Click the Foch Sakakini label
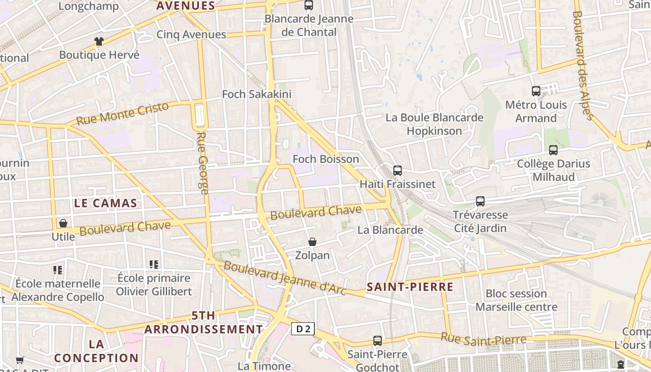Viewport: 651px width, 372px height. click(257, 94)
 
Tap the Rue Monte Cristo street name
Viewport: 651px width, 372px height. click(122, 113)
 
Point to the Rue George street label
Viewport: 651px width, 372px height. click(203, 163)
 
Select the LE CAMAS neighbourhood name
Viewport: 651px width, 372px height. click(106, 203)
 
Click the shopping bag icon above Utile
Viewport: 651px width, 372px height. click(63, 223)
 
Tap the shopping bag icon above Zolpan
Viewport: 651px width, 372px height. click(312, 242)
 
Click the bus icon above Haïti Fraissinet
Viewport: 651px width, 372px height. click(397, 171)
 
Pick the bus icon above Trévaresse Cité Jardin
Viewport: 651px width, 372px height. click(480, 201)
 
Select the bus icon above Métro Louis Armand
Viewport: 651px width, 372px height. click(536, 91)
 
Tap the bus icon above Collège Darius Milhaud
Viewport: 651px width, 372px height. click(553, 150)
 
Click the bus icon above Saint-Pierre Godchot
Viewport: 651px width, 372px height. click(378, 341)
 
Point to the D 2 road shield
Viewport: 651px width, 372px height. click(303, 329)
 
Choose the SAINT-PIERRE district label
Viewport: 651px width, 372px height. click(410, 287)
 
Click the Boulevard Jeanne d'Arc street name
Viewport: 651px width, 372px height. click(285, 278)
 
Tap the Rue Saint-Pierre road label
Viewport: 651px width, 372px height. click(484, 339)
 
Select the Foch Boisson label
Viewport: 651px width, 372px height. click(325, 159)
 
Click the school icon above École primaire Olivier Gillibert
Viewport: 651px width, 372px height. click(154, 265)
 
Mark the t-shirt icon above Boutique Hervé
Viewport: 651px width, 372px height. click(99, 41)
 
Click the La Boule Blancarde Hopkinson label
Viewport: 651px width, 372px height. click(434, 124)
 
